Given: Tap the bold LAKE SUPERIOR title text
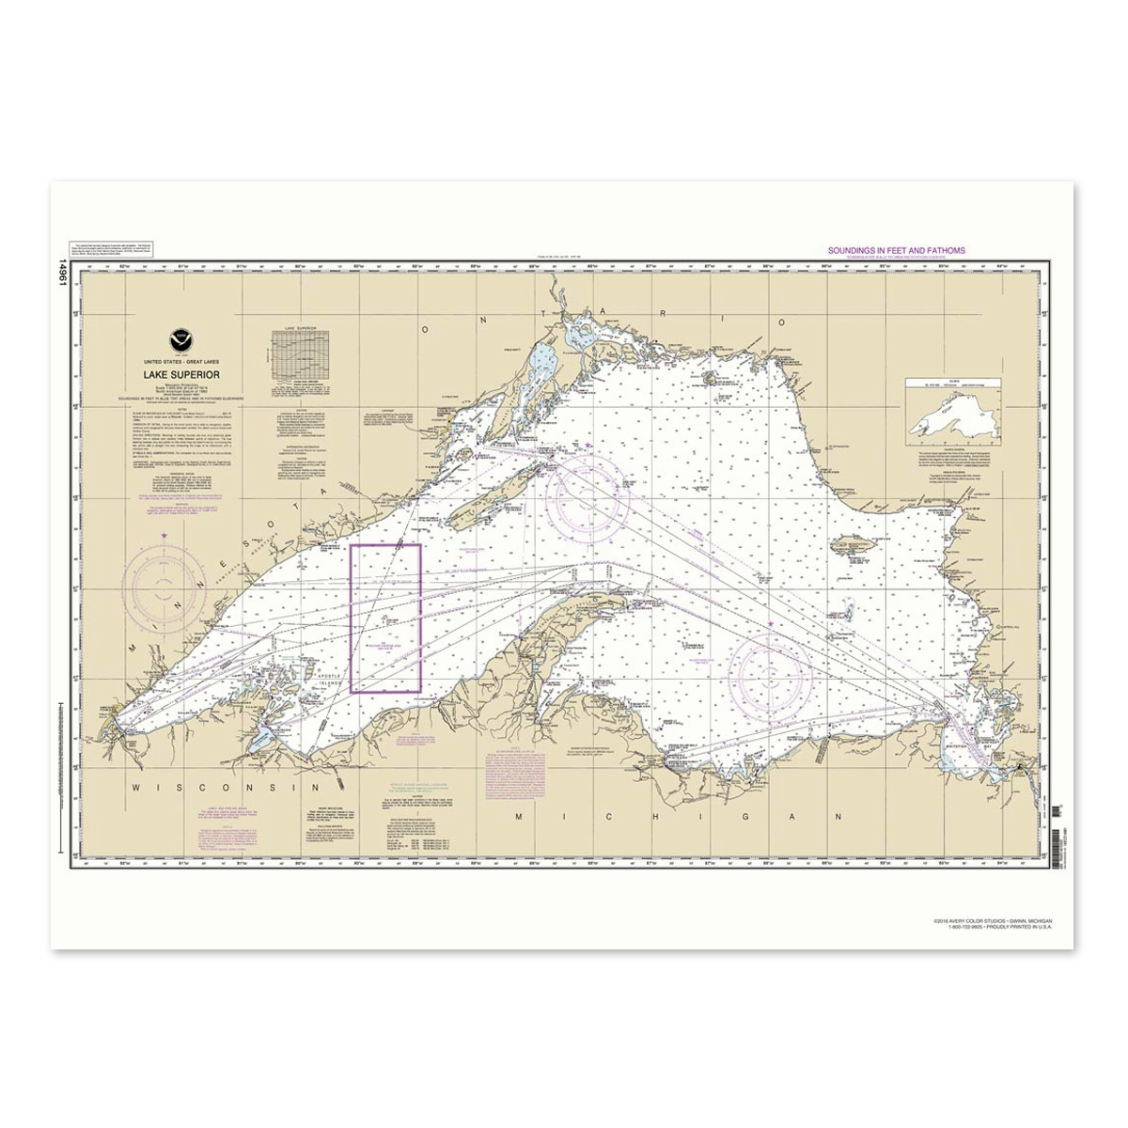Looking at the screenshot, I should (181, 374).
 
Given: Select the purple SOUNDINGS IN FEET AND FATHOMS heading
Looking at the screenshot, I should (895, 251).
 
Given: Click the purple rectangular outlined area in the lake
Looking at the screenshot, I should (385, 619).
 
